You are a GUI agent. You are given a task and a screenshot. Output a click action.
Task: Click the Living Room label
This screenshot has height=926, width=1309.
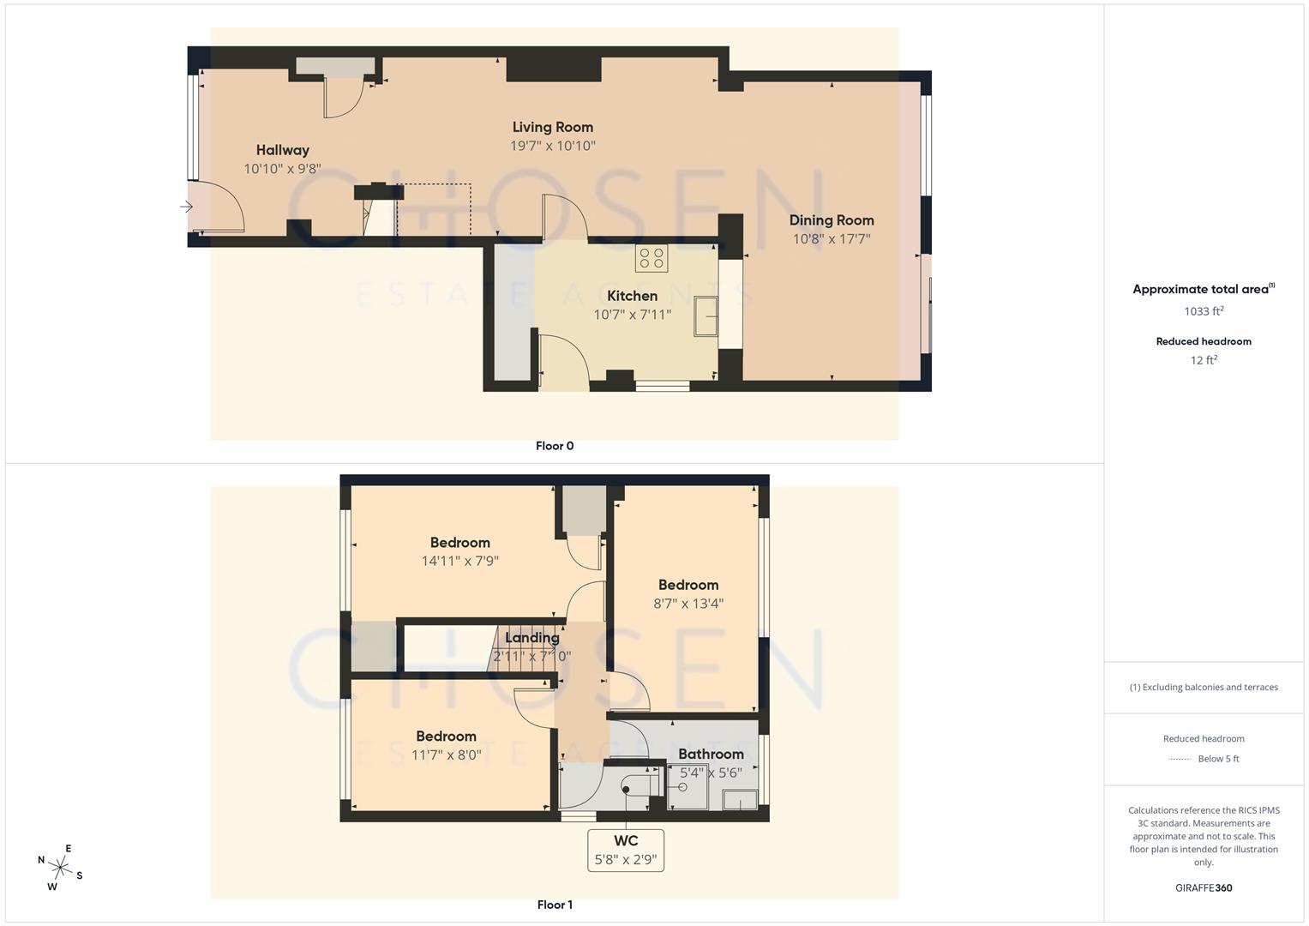pyautogui.click(x=553, y=127)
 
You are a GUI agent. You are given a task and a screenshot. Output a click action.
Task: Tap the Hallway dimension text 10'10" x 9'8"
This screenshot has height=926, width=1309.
pyautogui.click(x=282, y=169)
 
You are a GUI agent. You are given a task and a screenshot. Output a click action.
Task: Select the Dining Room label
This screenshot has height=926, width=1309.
pyautogui.click(x=832, y=220)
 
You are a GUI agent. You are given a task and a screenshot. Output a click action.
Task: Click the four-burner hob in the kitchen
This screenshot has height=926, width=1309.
pyautogui.click(x=651, y=257)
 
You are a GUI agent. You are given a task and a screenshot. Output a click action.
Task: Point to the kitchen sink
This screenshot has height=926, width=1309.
pyautogui.click(x=706, y=316)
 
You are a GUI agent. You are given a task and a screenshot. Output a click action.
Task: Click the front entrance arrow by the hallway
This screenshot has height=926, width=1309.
pyautogui.click(x=187, y=207)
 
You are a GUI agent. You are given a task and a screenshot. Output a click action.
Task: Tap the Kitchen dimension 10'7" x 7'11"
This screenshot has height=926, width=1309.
pyautogui.click(x=632, y=315)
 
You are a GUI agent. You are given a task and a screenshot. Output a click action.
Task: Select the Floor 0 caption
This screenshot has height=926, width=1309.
pyautogui.click(x=555, y=446)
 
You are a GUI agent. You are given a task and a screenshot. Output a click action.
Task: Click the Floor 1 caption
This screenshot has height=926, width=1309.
pyautogui.click(x=555, y=905)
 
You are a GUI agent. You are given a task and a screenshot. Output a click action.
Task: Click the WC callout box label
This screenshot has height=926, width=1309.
pyautogui.click(x=626, y=841)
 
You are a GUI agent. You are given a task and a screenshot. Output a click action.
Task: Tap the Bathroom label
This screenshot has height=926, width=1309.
pyautogui.click(x=711, y=754)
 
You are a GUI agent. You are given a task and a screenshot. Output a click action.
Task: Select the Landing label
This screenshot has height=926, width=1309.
pyautogui.click(x=531, y=638)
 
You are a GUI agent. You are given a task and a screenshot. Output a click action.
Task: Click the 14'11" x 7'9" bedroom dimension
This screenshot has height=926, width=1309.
pyautogui.click(x=459, y=562)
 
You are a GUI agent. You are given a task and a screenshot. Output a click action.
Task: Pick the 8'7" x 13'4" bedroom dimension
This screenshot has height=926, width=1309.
pyautogui.click(x=688, y=604)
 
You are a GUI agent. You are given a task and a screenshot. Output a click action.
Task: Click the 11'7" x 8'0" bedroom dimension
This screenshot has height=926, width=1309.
pyautogui.click(x=446, y=755)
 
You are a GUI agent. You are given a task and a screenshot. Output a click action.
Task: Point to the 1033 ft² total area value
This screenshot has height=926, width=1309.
pyautogui.click(x=1204, y=311)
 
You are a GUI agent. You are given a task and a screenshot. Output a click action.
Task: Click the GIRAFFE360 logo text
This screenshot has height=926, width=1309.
pyautogui.click(x=1204, y=887)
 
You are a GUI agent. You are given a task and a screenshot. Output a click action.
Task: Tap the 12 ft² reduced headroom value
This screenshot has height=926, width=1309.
pyautogui.click(x=1204, y=360)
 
